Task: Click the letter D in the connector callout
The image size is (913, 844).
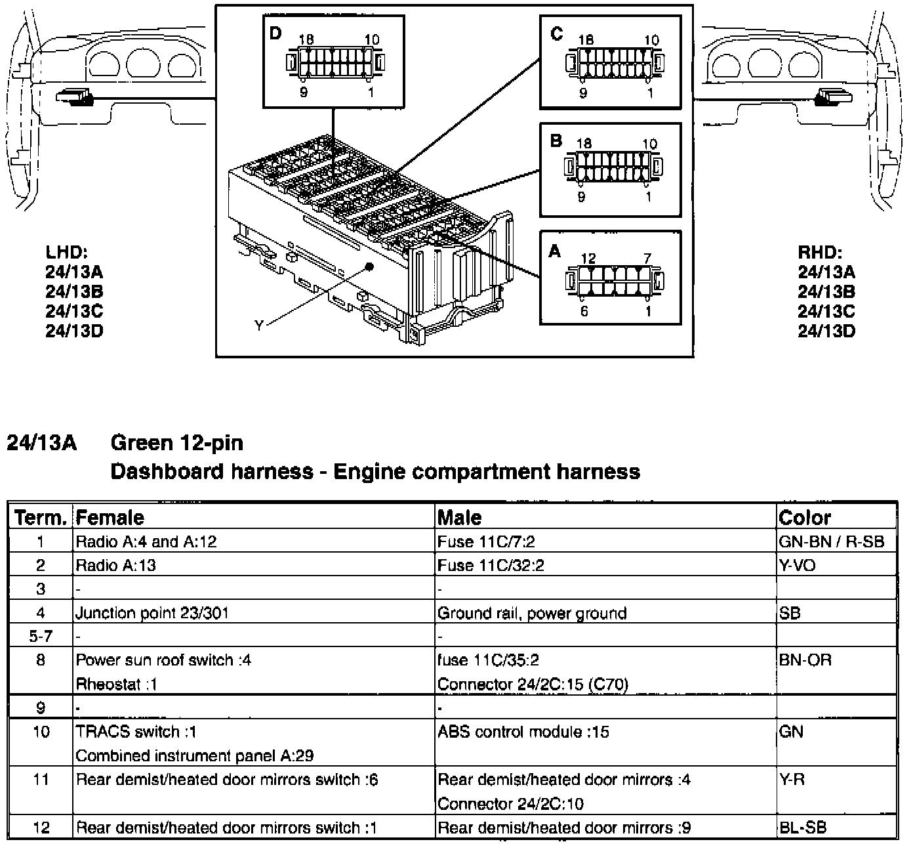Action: [x=275, y=33]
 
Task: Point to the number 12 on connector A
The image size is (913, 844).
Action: [x=588, y=259]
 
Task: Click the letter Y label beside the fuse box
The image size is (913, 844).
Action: [x=259, y=326]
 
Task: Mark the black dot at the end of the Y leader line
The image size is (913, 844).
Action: [x=369, y=267]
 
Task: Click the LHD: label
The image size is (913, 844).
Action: [x=66, y=252]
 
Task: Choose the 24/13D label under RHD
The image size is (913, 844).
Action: [x=826, y=331]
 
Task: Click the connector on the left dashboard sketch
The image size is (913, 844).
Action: [x=75, y=97]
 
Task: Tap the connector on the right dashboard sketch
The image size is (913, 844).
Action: [x=833, y=97]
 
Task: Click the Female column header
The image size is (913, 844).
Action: [x=110, y=518]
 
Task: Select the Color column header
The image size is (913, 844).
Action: [x=805, y=518]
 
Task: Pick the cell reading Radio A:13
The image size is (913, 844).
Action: [x=116, y=565]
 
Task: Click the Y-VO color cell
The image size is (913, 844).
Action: [x=797, y=565]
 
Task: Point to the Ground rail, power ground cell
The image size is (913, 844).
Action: [x=531, y=613]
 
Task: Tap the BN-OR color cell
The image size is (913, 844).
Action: [x=805, y=660]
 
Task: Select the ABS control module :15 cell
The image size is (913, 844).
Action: [x=523, y=732]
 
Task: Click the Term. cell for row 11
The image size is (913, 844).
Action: [x=41, y=780]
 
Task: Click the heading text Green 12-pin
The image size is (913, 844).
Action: [x=177, y=443]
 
